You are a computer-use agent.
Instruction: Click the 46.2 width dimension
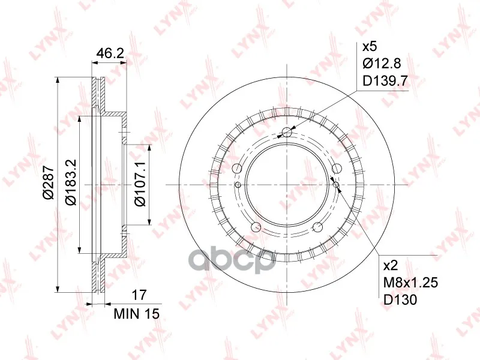point(110,53)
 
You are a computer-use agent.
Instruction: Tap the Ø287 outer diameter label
point(49,182)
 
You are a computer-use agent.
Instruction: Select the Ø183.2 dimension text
point(71,182)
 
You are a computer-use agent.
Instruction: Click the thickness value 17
point(139,295)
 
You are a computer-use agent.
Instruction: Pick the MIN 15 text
point(137,313)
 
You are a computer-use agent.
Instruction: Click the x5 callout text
point(370,47)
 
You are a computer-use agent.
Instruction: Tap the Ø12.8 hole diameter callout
point(382,64)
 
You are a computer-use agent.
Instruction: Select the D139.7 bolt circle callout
point(385,81)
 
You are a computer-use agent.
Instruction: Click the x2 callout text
point(391,265)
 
